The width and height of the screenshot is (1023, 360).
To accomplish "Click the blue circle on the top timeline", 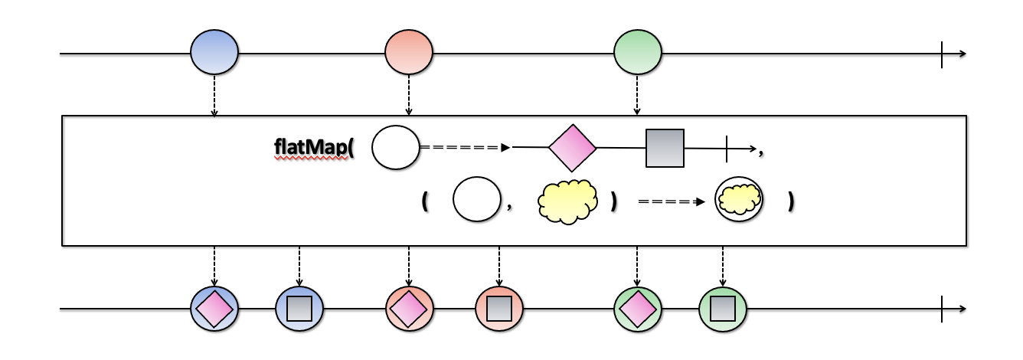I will pos(214,52).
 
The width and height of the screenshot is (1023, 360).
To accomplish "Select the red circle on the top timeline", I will pos(409,52).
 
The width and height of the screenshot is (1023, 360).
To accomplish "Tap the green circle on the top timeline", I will pos(637,52).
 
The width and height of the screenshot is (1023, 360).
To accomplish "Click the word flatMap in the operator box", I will pos(311,147).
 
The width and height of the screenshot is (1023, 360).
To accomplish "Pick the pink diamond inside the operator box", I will pos(572,147).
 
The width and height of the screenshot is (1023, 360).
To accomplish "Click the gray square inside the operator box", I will pos(665,148).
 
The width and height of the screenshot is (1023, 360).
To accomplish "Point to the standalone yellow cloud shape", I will pos(567,202).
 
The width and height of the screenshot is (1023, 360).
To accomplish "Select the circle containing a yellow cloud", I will pos(739,200).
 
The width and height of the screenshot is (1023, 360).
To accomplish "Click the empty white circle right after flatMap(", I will pos(396,147).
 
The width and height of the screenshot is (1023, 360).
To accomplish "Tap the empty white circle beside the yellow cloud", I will pos(476,201).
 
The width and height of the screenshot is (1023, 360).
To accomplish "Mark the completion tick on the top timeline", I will pos(942,55).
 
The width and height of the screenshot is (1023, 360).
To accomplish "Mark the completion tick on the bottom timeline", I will pos(942,309).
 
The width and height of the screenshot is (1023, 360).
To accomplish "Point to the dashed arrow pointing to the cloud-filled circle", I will pos(671,202).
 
